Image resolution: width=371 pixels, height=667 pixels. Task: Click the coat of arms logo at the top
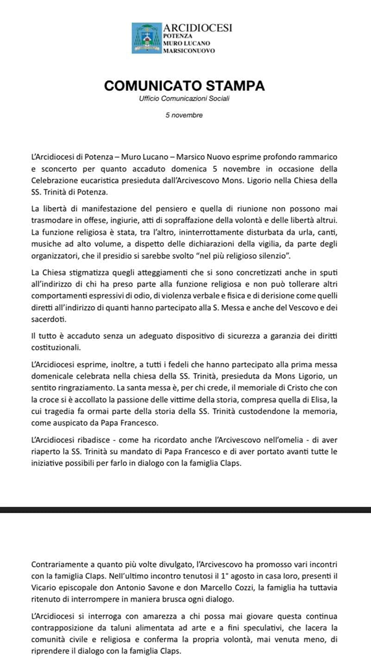point(146,38)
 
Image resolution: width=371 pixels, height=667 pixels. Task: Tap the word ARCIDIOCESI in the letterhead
point(193,28)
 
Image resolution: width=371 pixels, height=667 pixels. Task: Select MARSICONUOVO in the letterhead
point(189,51)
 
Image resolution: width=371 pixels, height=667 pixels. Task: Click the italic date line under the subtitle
point(185,115)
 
